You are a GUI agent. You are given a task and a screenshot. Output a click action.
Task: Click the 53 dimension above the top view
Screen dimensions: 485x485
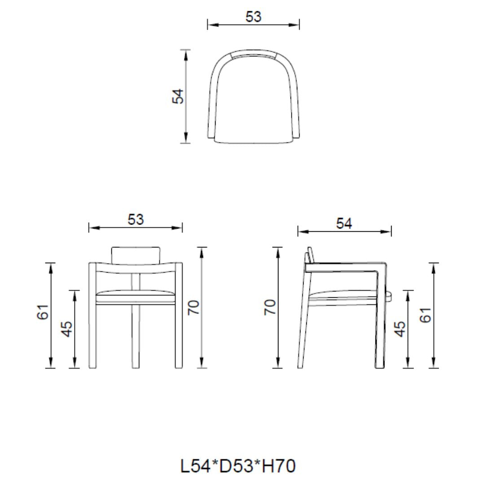coord(253,17)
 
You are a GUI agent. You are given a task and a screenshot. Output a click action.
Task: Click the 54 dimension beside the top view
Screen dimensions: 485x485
coord(178,97)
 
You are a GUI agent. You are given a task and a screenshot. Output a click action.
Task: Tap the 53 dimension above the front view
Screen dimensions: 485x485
coord(136,220)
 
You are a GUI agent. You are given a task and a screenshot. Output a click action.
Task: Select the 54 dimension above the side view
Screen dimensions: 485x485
coord(344,223)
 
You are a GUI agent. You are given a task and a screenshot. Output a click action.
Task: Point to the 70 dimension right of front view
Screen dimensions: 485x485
coord(194,308)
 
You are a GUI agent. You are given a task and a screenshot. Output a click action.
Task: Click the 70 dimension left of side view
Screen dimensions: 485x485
coord(270,308)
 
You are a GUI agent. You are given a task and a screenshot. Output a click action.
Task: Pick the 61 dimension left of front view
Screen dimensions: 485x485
coord(43,312)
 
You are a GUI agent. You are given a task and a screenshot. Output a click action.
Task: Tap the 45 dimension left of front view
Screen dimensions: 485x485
coord(66,329)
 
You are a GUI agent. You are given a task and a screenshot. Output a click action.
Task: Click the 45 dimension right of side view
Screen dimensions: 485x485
coord(400,329)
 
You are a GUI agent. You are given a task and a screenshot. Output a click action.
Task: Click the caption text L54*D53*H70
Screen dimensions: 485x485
coord(238,466)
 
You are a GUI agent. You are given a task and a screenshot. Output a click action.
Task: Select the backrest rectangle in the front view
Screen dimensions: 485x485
coord(136,255)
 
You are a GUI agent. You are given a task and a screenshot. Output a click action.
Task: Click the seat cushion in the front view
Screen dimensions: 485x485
coord(136,294)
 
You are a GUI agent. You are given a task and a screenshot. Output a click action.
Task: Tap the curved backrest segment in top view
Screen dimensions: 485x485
coord(253,55)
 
